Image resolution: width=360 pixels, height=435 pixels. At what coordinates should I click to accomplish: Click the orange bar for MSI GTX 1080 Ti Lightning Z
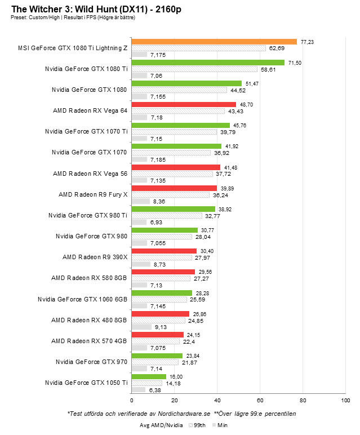[214, 42]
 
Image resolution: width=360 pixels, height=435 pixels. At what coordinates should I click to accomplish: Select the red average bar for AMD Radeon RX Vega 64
[183, 105]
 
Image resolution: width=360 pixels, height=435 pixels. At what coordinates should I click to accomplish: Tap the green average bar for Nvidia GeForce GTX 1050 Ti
[149, 376]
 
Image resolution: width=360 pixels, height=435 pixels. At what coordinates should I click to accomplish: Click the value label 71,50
[295, 63]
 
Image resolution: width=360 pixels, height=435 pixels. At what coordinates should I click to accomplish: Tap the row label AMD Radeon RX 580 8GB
[90, 278]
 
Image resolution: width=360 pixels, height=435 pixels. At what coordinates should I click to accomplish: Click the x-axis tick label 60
[260, 400]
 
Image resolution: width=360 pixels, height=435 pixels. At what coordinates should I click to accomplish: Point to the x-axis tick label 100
[345, 400]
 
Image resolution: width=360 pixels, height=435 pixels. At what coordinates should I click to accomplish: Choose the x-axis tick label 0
[131, 400]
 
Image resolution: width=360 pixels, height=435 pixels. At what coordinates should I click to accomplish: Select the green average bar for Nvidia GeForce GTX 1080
[186, 83]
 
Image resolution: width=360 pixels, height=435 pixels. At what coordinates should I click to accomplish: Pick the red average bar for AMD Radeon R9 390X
[164, 251]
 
